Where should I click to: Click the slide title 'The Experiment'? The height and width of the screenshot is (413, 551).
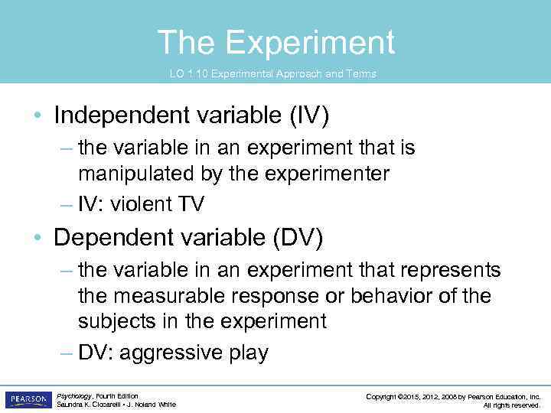click(x=275, y=42)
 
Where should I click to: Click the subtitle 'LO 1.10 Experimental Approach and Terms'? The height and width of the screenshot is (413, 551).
click(x=272, y=73)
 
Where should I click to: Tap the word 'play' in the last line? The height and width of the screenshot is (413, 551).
click(x=246, y=353)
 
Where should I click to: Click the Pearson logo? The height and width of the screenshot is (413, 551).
click(x=28, y=400)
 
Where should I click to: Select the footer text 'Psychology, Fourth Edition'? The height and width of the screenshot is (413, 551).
click(x=97, y=395)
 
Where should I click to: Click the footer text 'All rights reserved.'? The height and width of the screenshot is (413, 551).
click(x=512, y=405)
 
